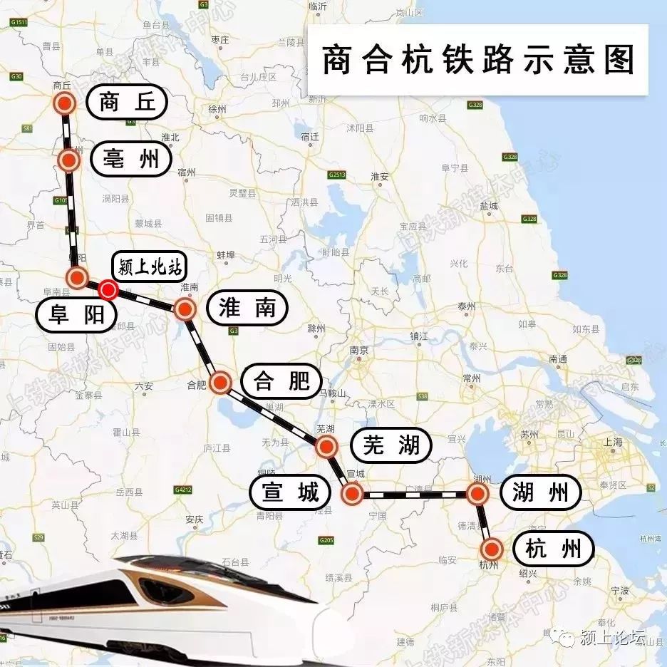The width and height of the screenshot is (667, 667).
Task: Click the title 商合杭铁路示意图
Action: tap(477, 60)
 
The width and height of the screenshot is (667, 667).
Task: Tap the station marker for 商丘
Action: tap(65, 103)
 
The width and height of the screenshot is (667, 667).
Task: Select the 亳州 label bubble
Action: tap(130, 160)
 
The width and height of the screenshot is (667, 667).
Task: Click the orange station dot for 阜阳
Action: tap(77, 277)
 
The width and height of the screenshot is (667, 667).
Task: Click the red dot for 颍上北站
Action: tap(108, 289)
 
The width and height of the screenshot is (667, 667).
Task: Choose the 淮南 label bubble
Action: tap(246, 309)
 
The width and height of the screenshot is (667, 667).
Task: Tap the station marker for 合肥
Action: tap(220, 383)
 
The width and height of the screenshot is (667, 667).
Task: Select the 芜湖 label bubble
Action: tap(391, 446)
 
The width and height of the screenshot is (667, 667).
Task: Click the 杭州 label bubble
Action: tap(559, 549)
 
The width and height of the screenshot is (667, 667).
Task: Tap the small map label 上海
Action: tap(612, 443)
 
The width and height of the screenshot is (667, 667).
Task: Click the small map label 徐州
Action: tap(216, 110)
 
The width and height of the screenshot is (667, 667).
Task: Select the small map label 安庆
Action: tap(194, 519)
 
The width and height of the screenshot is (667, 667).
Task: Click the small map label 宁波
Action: tap(619, 591)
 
